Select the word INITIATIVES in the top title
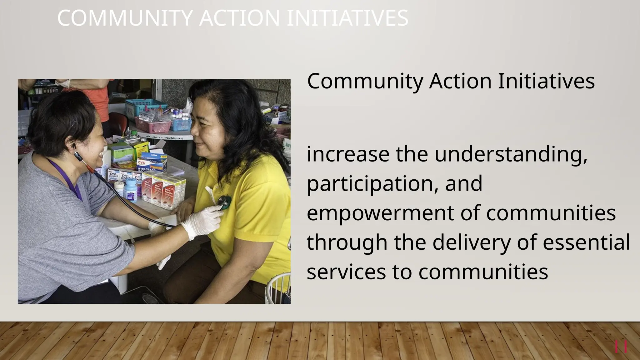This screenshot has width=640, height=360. tap(347, 18)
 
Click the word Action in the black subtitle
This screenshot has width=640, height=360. tap(460, 81)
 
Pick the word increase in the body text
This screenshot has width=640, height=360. tap(348, 154)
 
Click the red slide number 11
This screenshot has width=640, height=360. tap(621, 347)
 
